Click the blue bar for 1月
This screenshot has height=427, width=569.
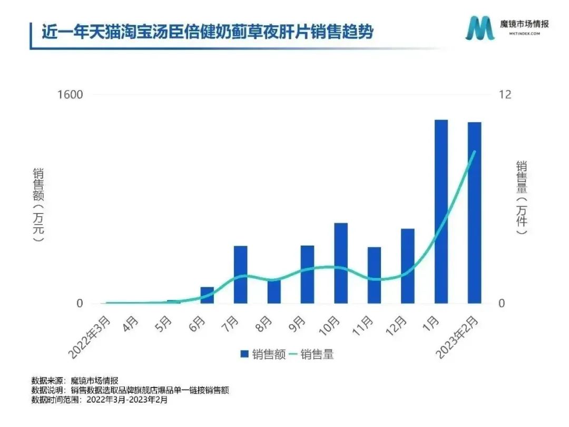click(441, 211)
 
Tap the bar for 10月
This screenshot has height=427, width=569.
click(341, 263)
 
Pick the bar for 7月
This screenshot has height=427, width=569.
click(240, 274)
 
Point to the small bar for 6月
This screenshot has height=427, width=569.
click(207, 295)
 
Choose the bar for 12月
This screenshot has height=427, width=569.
click(408, 266)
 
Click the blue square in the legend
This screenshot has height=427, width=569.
click(244, 354)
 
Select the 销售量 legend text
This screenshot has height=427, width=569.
click(317, 354)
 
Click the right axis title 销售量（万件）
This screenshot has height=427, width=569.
click(521, 198)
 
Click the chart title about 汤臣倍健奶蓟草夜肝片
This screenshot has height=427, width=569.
click(208, 33)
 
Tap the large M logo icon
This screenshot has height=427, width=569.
click(479, 27)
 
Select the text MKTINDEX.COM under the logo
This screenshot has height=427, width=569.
click(524, 34)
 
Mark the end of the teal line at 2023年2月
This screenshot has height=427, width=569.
click(475, 151)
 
